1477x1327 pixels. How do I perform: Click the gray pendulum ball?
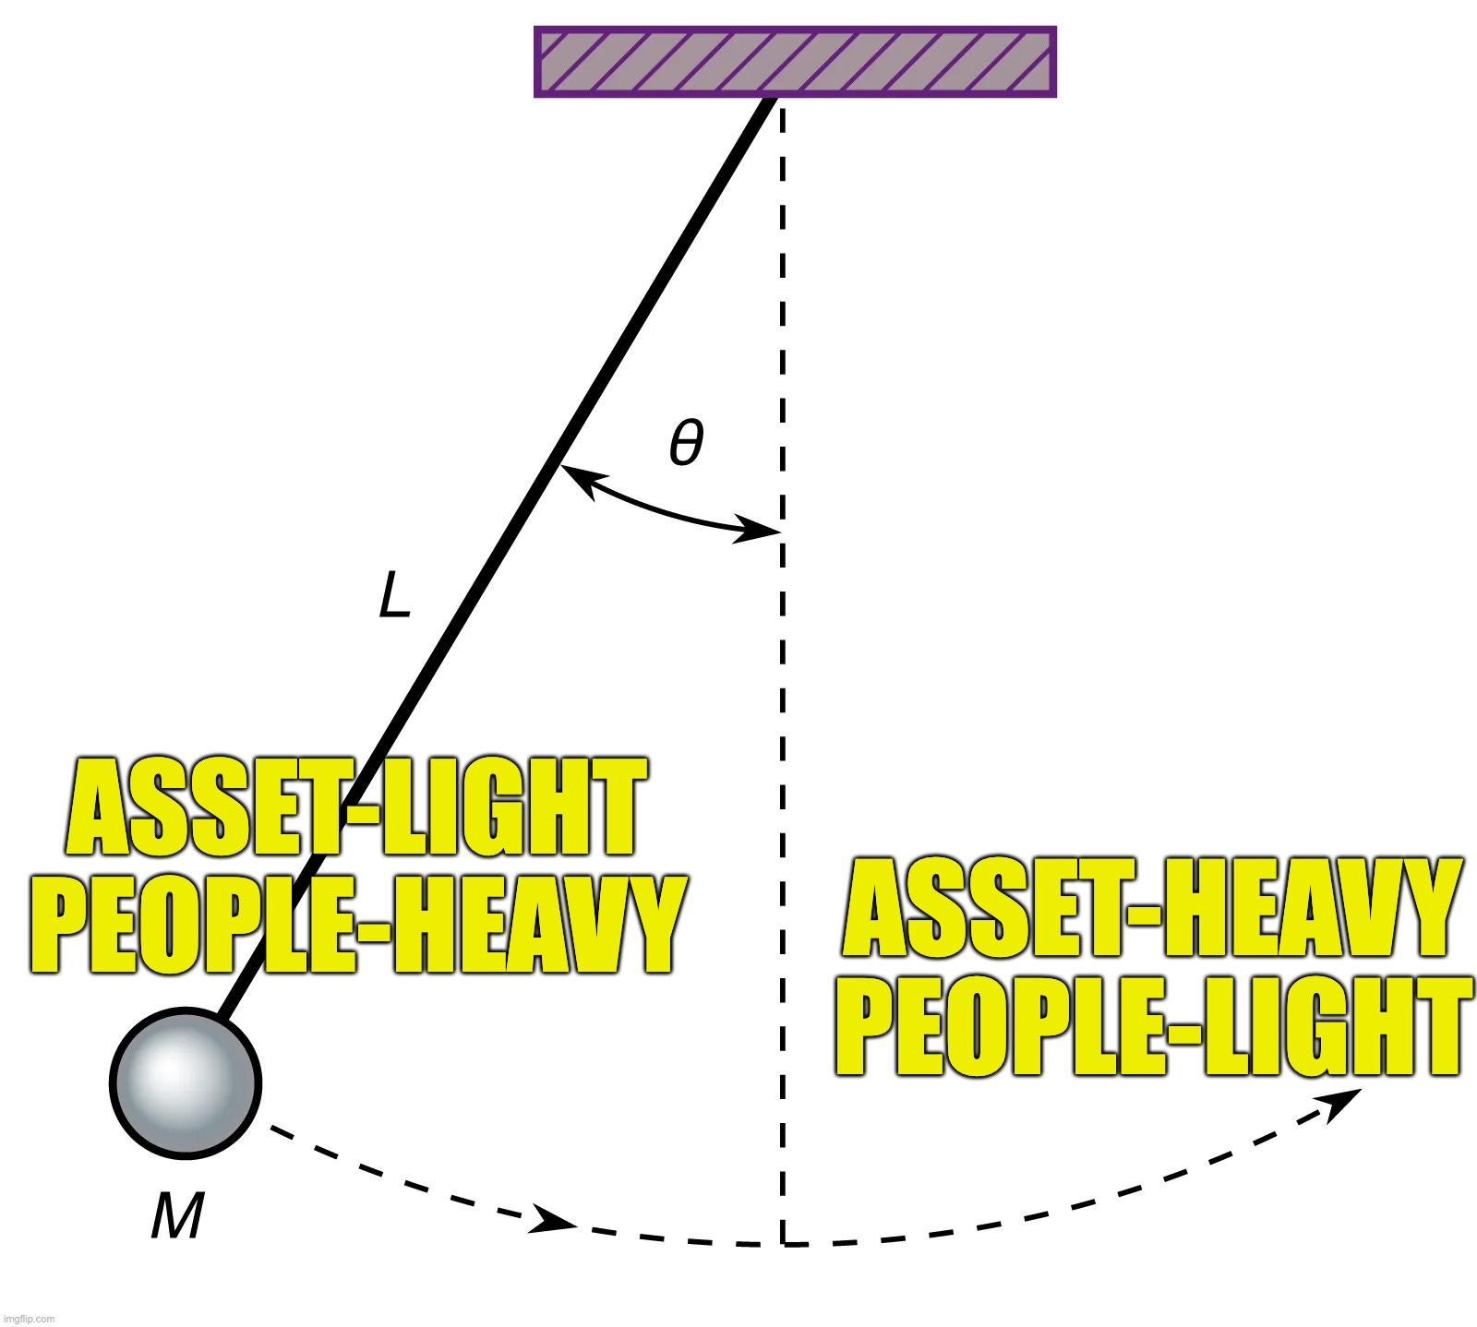186,1082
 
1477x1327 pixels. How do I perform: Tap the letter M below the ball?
176,1216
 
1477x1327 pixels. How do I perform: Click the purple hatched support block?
795,62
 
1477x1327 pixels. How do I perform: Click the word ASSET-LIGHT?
355,807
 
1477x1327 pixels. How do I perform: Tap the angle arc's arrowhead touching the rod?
574,475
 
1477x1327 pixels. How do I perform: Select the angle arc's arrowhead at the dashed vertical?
762,532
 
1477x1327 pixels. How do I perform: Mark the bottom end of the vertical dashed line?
782,1242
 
